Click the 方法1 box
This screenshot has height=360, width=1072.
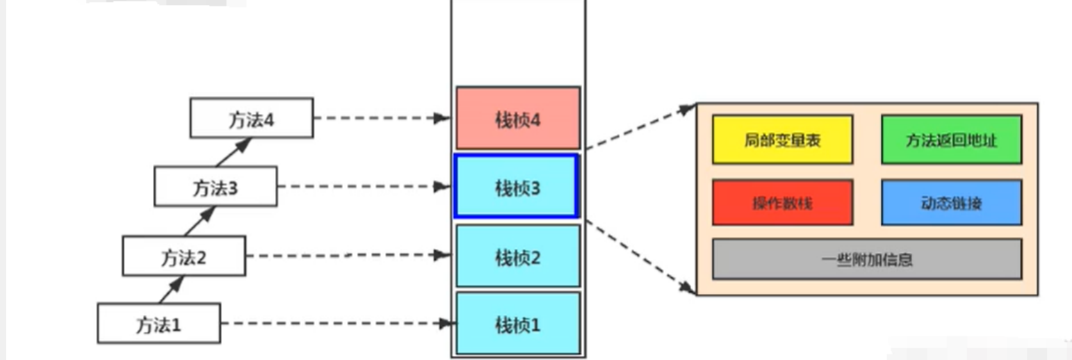tap(159, 323)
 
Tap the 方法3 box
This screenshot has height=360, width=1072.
tap(215, 186)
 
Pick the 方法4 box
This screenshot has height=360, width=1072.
tap(251, 118)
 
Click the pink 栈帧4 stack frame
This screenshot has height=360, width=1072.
tap(517, 118)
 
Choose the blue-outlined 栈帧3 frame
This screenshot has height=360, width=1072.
tap(516, 186)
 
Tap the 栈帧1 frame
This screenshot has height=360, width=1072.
tap(517, 323)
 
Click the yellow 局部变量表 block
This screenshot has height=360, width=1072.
tap(782, 140)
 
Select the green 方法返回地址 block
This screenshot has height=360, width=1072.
tap(951, 140)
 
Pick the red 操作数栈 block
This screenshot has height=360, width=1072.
tap(782, 202)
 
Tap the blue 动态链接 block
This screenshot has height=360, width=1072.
tap(951, 202)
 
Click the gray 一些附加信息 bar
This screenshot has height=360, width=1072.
tap(866, 259)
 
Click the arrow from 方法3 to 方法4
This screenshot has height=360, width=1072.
tap(233, 152)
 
